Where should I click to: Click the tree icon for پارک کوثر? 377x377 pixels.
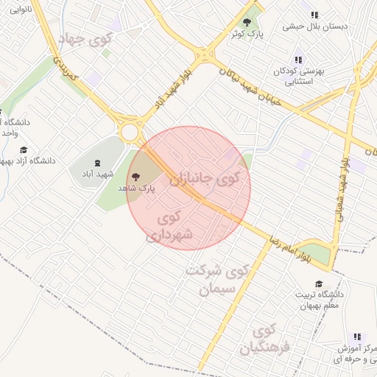[247, 22]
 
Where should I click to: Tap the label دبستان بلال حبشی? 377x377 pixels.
[316, 27]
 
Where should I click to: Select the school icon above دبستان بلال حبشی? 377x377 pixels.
[315, 14]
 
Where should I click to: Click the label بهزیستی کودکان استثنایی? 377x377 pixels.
[295, 76]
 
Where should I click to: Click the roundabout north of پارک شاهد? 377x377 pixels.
[131, 133]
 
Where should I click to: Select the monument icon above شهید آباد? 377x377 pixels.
[97, 163]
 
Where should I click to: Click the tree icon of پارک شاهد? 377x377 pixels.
[135, 175]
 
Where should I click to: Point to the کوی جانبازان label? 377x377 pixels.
[204, 179]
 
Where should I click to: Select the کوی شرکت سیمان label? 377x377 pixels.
[213, 278]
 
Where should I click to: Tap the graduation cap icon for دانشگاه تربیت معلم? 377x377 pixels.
[319, 284]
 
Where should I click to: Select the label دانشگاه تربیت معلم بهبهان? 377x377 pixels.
[318, 300]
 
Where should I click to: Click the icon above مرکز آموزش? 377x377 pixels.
[357, 337]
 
